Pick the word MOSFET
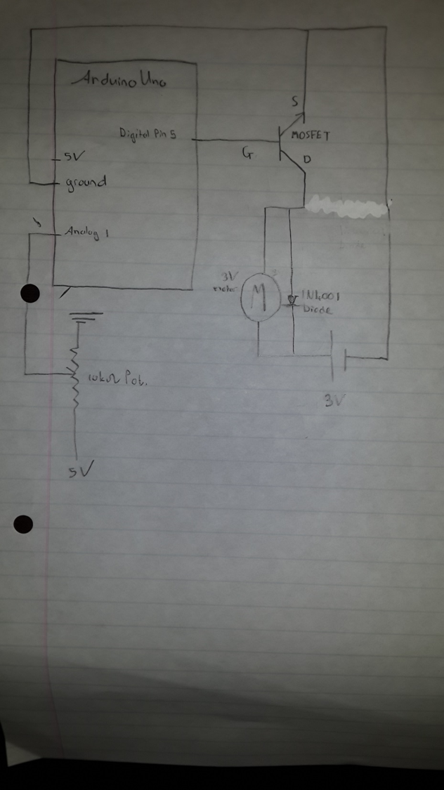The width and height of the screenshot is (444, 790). pos(309,136)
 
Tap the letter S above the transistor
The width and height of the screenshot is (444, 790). pos(294,103)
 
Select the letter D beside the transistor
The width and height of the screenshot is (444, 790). pos(307,160)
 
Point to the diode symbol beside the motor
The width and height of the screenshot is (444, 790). pos(292,301)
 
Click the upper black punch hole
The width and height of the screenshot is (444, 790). pos(30,294)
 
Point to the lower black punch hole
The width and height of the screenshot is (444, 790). pos(24,523)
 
